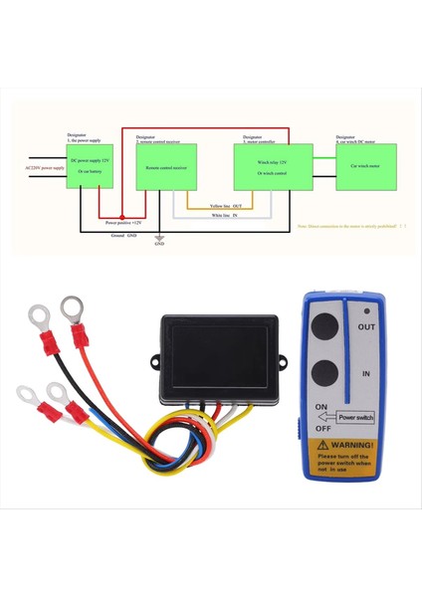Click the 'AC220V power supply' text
(x=45, y=168)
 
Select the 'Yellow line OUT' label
(x=229, y=205)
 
